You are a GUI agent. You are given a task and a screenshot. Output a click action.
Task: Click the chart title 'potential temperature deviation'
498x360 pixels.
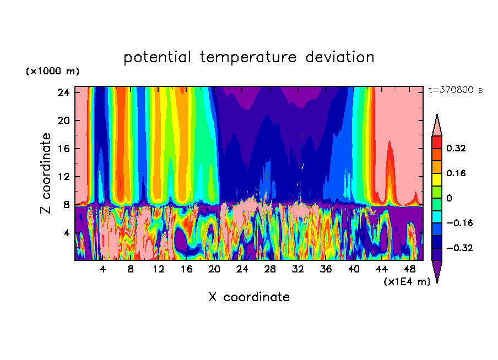(249, 57)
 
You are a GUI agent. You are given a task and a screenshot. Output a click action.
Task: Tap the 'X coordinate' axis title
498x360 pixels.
(249, 297)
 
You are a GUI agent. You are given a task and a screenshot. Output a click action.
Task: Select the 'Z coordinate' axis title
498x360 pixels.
(46, 173)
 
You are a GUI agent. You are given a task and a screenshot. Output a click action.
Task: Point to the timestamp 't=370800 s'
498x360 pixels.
(455, 90)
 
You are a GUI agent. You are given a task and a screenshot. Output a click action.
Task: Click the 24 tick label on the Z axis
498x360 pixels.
(63, 92)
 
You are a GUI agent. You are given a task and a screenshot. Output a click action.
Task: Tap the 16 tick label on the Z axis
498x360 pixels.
(63, 149)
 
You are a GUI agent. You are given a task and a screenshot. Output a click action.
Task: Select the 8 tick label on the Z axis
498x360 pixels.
(66, 205)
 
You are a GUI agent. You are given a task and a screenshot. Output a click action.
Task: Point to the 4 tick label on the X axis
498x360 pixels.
(102, 270)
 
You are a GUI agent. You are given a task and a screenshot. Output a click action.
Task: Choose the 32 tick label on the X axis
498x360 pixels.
(298, 270)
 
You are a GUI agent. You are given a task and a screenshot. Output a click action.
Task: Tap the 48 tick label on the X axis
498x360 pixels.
(409, 270)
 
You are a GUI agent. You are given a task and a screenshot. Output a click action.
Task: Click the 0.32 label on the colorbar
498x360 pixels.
(457, 148)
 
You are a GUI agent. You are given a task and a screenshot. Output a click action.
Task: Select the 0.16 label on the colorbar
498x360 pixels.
(457, 173)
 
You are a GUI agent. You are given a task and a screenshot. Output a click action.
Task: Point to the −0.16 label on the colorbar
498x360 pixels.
(459, 223)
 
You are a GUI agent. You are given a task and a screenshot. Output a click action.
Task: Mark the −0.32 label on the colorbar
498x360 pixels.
(459, 248)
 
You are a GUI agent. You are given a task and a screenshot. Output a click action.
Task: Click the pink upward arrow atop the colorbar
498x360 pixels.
(437, 126)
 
